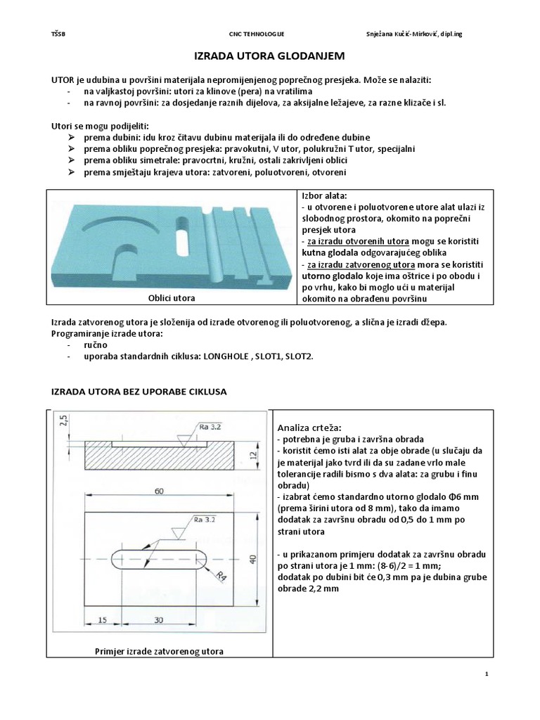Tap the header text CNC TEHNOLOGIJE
pyautogui.click(x=257, y=33)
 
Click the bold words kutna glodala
pyautogui.click(x=327, y=252)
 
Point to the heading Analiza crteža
pyautogui.click(x=309, y=427)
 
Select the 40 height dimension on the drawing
pyautogui.click(x=251, y=559)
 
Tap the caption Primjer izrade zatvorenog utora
pyautogui.click(x=159, y=651)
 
